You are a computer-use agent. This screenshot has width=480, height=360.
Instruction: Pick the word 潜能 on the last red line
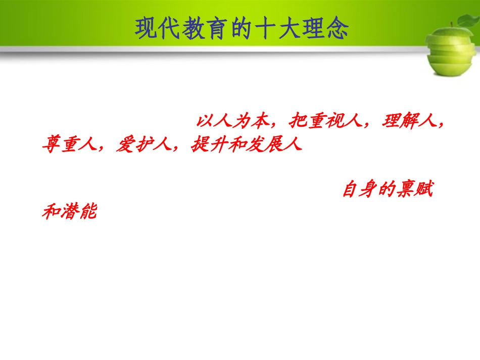[78, 212]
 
